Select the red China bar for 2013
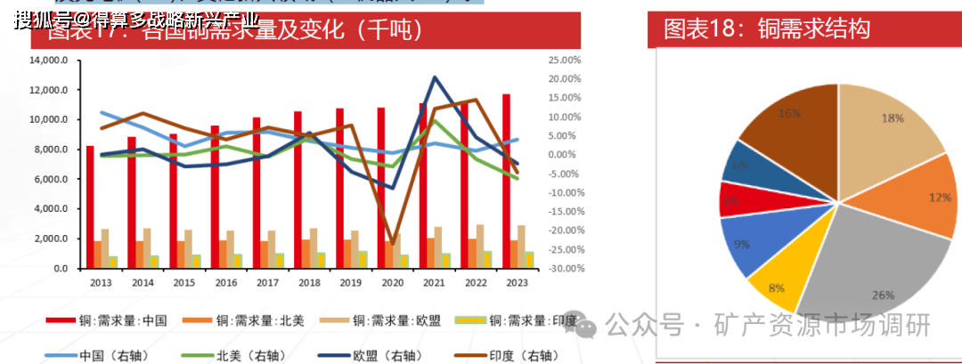(90, 206)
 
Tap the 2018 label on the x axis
(308, 282)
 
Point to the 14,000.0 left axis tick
(50, 61)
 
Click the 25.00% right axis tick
(565, 61)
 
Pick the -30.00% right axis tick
(564, 268)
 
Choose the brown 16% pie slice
(788, 125)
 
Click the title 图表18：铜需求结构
(767, 29)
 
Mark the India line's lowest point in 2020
(391, 242)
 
